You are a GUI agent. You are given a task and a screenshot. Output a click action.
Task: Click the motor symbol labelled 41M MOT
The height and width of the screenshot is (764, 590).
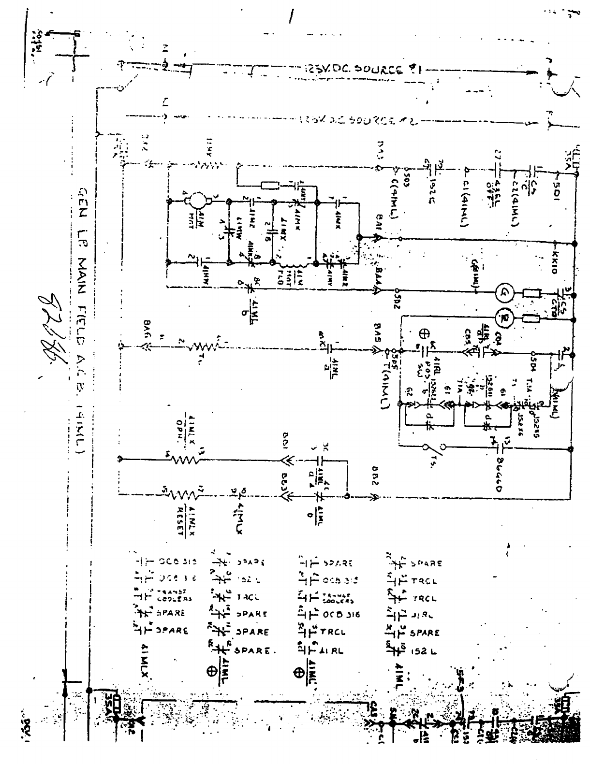(x=197, y=199)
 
